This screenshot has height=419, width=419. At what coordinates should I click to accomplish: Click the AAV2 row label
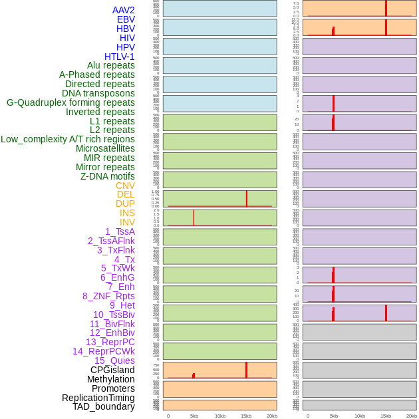pyautogui.click(x=123, y=10)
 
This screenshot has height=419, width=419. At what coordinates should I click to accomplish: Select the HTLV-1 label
pyautogui.click(x=119, y=57)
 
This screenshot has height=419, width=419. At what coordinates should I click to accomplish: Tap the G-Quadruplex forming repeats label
pyautogui.click(x=70, y=102)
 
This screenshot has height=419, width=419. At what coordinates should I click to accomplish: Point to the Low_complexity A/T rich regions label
pyautogui.click(x=68, y=139)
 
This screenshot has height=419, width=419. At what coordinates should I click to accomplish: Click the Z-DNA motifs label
pyautogui.click(x=108, y=176)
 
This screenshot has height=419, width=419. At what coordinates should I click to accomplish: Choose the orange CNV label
pyautogui.click(x=125, y=186)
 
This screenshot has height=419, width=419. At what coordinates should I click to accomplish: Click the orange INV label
pyautogui.click(x=127, y=222)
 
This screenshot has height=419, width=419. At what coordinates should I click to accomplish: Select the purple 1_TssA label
pyautogui.click(x=120, y=231)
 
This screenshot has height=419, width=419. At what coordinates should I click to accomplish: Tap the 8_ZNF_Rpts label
pyautogui.click(x=108, y=296)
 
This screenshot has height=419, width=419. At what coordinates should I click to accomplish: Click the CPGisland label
pyautogui.click(x=112, y=370)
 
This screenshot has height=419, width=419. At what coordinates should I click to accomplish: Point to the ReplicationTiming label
pyautogui.click(x=98, y=398)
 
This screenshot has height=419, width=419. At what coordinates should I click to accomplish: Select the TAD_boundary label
pyautogui.click(x=104, y=406)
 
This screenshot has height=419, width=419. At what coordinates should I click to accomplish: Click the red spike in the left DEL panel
pyautogui.click(x=247, y=198)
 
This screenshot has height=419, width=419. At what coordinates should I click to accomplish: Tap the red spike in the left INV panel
pyautogui.click(x=194, y=217)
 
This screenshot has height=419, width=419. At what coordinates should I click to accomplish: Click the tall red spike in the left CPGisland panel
pyautogui.click(x=246, y=370)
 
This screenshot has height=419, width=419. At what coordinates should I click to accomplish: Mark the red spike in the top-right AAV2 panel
pyautogui.click(x=386, y=8)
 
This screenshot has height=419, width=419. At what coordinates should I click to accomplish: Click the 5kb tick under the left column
pyautogui.click(x=194, y=416)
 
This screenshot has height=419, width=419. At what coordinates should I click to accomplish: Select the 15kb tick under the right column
pyautogui.click(x=386, y=416)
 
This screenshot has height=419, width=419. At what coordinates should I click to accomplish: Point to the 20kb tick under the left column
pyautogui.click(x=272, y=416)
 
